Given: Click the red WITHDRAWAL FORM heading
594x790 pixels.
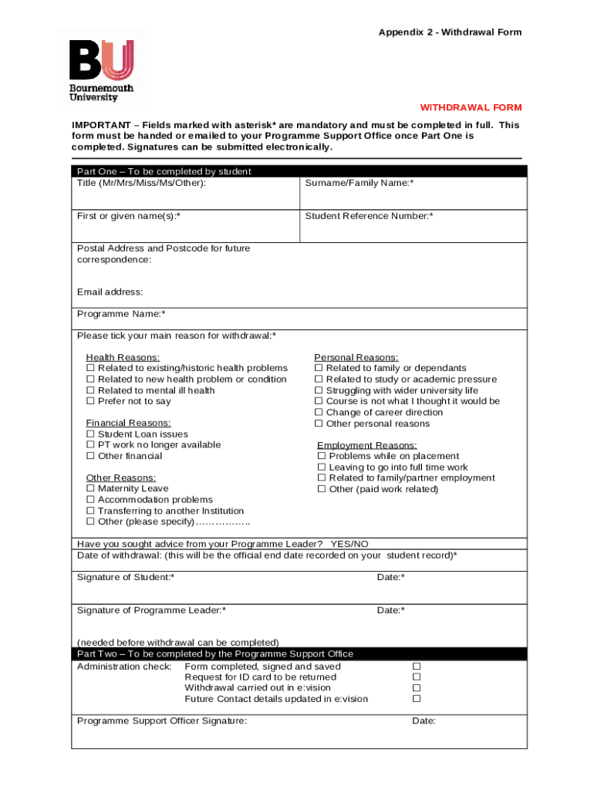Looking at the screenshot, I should pyautogui.click(x=471, y=107).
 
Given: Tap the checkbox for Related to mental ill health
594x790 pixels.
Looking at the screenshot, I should pyautogui.click(x=90, y=390).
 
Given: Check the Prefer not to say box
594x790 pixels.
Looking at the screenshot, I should pyautogui.click(x=90, y=401).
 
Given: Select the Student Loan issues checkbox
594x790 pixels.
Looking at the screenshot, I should pyautogui.click(x=90, y=434).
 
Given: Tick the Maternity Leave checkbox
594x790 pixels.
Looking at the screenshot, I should pyautogui.click(x=90, y=488).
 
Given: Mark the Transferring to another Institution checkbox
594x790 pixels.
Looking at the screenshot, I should pyautogui.click(x=90, y=511).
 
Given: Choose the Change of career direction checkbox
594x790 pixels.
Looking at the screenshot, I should pyautogui.click(x=319, y=413).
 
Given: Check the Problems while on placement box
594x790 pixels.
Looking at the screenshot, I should pyautogui.click(x=322, y=456).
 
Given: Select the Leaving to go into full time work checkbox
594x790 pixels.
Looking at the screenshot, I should pyautogui.click(x=322, y=468).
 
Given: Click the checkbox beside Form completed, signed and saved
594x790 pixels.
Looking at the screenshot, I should pyautogui.click(x=417, y=667).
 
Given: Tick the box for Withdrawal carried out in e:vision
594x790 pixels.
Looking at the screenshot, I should pyautogui.click(x=417, y=688).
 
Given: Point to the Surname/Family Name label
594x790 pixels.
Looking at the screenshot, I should pyautogui.click(x=359, y=183).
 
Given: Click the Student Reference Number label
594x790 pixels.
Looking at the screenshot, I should pyautogui.click(x=369, y=216).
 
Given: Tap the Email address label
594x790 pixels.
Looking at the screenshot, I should pyautogui.click(x=110, y=292).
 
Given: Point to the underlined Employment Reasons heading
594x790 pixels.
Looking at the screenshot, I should pyautogui.click(x=367, y=445).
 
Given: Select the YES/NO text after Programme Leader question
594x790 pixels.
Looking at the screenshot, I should pyautogui.click(x=349, y=544).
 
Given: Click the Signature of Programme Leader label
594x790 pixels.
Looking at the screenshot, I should pyautogui.click(x=151, y=610).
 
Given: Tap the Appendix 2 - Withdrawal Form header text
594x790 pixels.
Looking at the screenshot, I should pyautogui.click(x=450, y=32).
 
